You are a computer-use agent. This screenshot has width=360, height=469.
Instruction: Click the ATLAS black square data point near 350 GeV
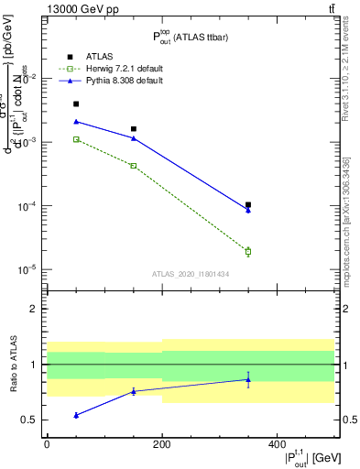tap(248, 205)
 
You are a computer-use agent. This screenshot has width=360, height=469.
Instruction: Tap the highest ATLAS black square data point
tap(76, 104)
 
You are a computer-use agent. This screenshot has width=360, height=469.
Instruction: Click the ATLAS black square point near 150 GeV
tap(134, 129)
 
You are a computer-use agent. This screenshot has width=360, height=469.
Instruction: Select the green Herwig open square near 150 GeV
tap(134, 166)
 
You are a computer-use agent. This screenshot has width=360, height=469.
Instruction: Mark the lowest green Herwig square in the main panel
tap(248, 251)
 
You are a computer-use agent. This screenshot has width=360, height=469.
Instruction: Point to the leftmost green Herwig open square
tap(76, 139)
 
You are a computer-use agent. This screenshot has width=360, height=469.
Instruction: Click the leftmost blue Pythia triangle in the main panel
tap(76, 121)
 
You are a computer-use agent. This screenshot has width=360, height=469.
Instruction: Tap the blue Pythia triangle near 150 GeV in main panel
tap(134, 138)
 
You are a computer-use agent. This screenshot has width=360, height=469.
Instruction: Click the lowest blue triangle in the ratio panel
tap(76, 415)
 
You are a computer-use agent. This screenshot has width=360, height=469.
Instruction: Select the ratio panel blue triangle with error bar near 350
tap(248, 379)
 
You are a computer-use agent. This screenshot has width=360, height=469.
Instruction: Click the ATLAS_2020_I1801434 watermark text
tap(190, 274)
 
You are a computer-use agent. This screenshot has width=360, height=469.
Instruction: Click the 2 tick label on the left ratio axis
tap(34, 309)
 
